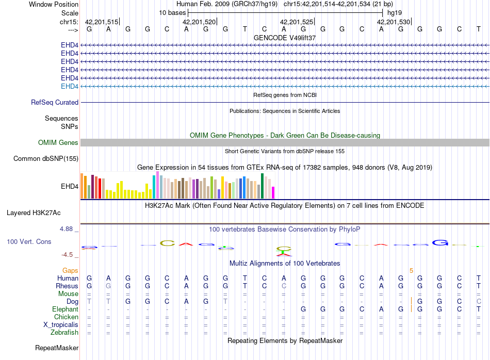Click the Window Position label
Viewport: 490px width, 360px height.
[x=54, y=4]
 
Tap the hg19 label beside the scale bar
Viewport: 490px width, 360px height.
[x=395, y=13]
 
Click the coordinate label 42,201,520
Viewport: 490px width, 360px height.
[x=199, y=22]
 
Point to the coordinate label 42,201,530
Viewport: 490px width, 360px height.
[x=394, y=22]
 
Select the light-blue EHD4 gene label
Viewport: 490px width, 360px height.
[x=70, y=86]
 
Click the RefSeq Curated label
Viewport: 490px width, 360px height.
[x=55, y=103]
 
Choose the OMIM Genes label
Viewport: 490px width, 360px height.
[x=58, y=143]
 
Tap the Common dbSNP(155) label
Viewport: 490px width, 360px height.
[x=45, y=159]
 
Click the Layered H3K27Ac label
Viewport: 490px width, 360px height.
[x=34, y=213]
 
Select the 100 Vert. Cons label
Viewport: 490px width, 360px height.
[x=29, y=241]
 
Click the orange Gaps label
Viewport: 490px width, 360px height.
[x=70, y=271]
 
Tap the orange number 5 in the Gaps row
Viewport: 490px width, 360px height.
[x=411, y=271]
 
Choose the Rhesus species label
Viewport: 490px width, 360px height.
[x=67, y=286]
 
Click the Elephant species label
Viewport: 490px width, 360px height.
[x=65, y=309]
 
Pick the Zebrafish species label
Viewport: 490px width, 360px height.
[x=64, y=333]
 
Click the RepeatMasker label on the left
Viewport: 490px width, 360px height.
[x=57, y=348]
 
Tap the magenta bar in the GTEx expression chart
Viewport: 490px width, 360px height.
[x=273, y=192]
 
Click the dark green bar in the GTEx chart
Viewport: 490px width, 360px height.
[x=262, y=186]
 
